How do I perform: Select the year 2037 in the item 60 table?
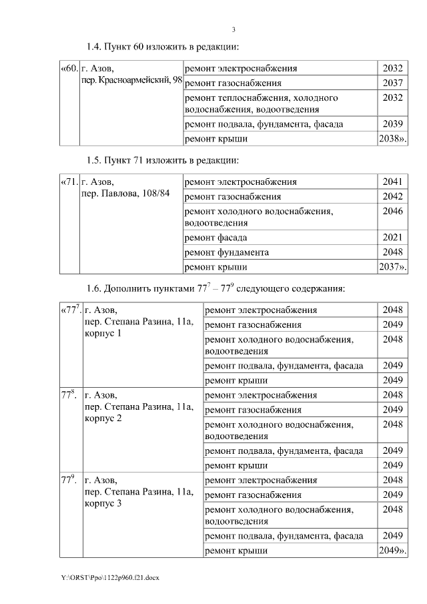tap(393, 83)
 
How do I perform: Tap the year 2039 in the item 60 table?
tap(393, 124)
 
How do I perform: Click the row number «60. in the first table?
tap(69, 69)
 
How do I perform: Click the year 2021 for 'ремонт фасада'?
tap(393, 238)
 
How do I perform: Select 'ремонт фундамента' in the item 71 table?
tap(227, 252)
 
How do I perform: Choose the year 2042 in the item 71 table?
tap(393, 197)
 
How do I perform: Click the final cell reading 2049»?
tap(392, 551)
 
